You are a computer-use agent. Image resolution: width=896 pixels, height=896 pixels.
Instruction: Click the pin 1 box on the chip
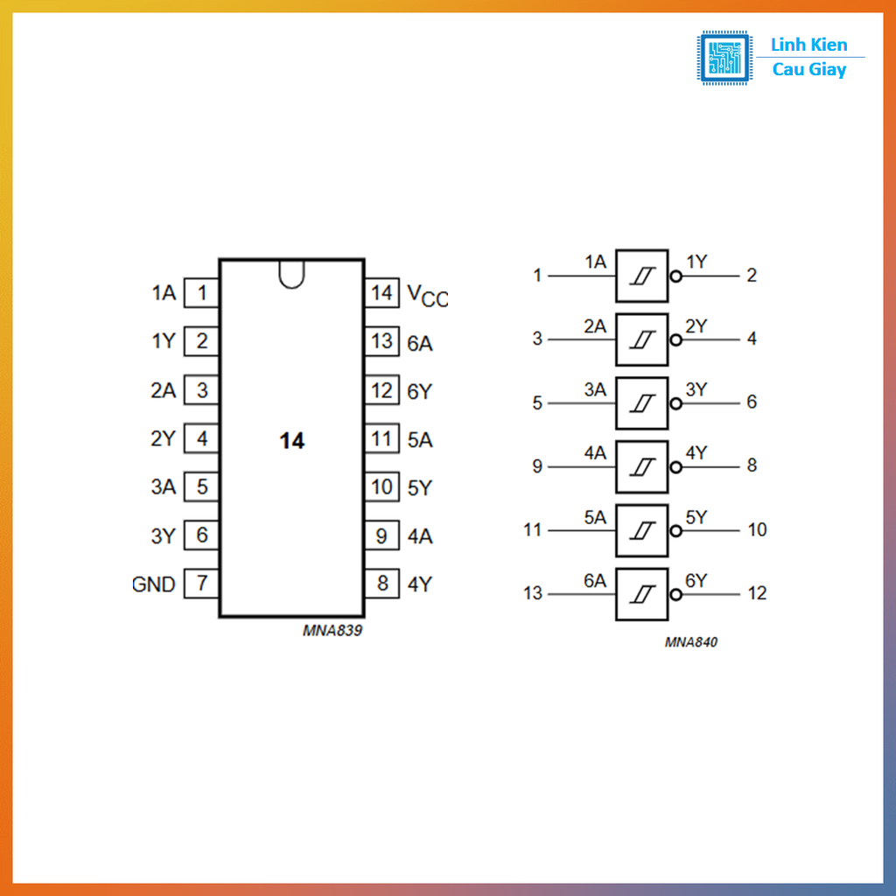[x=201, y=292]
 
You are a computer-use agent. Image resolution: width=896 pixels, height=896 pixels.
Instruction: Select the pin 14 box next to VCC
[x=381, y=292]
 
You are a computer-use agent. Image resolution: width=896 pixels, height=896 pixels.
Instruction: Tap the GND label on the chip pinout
[x=155, y=584]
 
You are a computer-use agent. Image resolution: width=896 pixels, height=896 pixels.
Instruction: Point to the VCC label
[x=427, y=295]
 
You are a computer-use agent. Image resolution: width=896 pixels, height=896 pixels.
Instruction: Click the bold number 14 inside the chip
[x=291, y=442]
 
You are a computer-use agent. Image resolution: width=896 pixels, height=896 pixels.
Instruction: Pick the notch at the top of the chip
[x=291, y=273]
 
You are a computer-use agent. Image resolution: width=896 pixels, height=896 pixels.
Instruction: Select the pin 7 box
[x=201, y=584]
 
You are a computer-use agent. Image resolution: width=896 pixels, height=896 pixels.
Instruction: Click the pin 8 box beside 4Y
[x=381, y=584]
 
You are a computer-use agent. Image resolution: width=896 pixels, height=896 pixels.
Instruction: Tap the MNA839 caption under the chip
[x=332, y=630]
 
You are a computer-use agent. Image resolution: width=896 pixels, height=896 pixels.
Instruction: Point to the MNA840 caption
[x=690, y=642]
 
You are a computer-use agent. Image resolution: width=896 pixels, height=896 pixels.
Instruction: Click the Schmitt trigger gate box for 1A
[x=641, y=276]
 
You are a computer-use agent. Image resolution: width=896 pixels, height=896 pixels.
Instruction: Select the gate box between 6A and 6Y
[x=641, y=594]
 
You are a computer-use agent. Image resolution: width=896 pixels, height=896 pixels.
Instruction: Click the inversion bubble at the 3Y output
[x=675, y=403]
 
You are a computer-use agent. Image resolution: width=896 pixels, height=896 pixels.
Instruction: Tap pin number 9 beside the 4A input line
[x=537, y=466]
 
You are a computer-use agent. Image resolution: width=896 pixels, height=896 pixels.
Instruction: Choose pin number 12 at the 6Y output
[x=757, y=593]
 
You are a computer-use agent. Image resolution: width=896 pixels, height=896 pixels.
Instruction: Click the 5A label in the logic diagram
[x=595, y=517]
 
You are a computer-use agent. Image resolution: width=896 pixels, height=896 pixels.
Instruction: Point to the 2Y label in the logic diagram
[x=696, y=326]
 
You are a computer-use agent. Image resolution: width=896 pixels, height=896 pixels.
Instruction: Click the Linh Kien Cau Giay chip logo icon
[x=724, y=58]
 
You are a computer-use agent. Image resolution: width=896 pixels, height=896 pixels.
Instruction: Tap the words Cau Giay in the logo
[x=809, y=70]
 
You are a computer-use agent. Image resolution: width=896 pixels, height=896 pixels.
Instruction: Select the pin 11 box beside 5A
[x=381, y=438]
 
